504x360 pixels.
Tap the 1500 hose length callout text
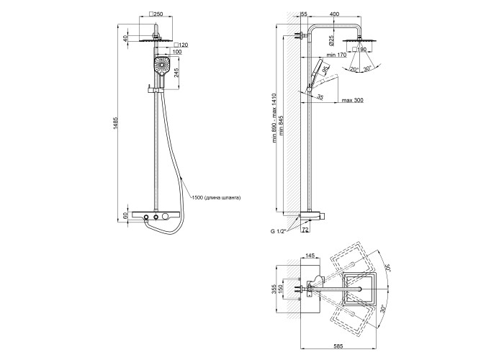pyautogui.click(x=215, y=197)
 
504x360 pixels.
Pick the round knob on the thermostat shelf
pyautogui.click(x=166, y=217)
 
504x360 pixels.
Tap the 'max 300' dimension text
pyautogui.click(x=352, y=100)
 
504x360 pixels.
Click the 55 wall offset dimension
pyautogui.click(x=304, y=13)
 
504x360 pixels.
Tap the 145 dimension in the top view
pyautogui.click(x=310, y=254)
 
